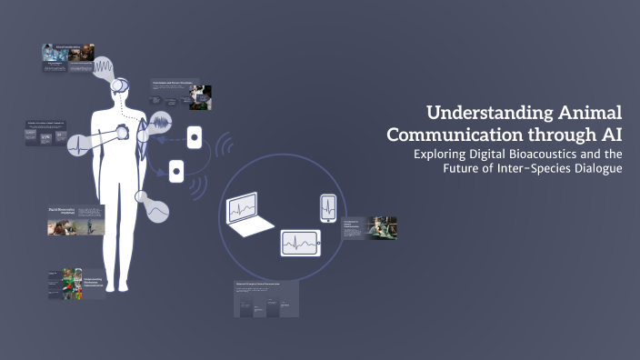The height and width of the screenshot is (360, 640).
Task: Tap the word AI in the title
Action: point(611,133)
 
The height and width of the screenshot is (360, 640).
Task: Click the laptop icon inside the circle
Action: point(245,215)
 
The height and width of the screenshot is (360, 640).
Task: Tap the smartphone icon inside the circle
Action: point(328,206)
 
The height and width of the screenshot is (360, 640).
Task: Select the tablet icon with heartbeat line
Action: point(300,242)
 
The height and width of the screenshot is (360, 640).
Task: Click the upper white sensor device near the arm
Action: point(194,137)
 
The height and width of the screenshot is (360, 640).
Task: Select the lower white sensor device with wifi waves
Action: point(176,170)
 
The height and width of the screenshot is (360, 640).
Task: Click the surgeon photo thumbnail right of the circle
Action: point(369,227)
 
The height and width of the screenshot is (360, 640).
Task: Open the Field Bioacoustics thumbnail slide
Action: point(75,221)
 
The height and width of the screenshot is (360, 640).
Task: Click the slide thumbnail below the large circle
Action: point(267,299)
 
